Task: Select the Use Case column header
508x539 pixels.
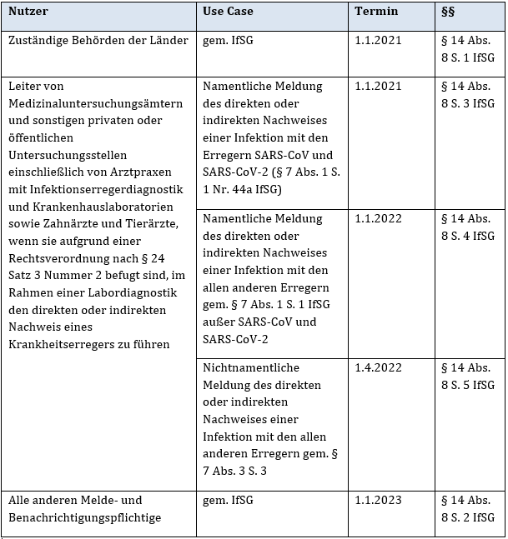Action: coord(228,12)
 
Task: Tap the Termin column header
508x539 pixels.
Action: coord(376,12)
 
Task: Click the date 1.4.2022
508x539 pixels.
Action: coord(378,367)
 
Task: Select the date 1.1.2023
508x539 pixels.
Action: coord(378,500)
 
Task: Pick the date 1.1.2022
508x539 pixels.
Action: coord(378,218)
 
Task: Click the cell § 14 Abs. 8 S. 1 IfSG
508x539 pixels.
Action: coord(467,48)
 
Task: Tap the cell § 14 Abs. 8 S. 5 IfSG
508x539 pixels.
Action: coord(467,376)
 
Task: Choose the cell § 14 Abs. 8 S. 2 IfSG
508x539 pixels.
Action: coord(467,508)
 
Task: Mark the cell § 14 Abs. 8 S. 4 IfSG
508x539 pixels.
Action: coord(467,227)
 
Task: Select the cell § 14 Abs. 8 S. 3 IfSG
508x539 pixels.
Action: coord(467,94)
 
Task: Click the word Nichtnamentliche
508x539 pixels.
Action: coord(251,367)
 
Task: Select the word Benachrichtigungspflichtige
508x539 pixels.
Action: coord(84,517)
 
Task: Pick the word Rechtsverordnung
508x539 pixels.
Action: coord(56,258)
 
